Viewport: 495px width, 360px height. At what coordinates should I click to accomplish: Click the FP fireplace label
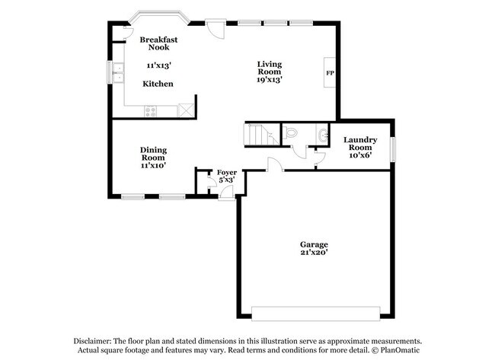point(330,73)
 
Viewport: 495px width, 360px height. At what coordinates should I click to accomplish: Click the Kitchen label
point(158,84)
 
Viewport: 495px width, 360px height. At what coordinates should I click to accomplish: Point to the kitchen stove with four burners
point(151,111)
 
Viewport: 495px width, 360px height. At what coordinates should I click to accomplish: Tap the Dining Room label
point(153,154)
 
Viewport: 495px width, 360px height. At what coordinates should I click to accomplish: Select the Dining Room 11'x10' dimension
point(153,165)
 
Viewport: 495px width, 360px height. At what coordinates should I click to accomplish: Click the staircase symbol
point(261,134)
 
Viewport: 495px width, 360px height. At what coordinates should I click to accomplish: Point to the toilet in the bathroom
point(293,133)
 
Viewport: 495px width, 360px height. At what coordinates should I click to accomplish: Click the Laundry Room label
point(361,143)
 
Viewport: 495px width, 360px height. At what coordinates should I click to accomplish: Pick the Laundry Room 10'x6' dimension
point(361,155)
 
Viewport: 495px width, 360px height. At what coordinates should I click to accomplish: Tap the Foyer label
point(226,173)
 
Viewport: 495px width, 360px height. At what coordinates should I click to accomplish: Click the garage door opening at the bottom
point(315,313)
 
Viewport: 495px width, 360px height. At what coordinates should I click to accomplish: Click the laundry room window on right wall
point(394,148)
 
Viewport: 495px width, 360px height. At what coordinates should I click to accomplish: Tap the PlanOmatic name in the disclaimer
point(396,351)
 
